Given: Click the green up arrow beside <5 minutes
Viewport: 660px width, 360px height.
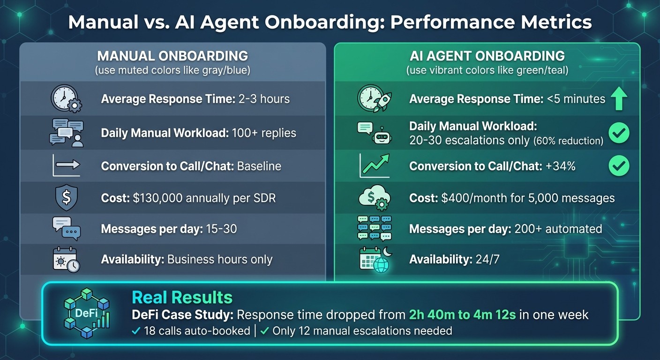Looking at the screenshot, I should [619, 99].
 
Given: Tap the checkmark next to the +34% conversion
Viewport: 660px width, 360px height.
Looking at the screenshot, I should [619, 166].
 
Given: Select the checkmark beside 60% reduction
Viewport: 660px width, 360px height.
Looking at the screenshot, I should [619, 134].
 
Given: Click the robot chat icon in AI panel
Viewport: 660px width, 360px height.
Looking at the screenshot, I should [374, 133].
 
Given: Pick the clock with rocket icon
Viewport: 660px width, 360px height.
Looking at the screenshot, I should [374, 99].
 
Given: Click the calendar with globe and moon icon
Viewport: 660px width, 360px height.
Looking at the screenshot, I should [374, 259].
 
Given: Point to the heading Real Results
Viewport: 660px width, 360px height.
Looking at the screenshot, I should [182, 297].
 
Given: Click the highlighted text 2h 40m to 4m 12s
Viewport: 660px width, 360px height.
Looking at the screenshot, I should [462, 315].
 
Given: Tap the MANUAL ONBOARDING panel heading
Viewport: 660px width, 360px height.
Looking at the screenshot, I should [172, 56].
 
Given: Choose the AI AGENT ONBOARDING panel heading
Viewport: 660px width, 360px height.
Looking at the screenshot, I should [487, 56].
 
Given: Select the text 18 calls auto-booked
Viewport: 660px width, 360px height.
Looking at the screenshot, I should [197, 331].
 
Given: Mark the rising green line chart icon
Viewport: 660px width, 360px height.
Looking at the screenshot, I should [374, 166].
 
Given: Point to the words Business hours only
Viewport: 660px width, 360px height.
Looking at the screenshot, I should [219, 259].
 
